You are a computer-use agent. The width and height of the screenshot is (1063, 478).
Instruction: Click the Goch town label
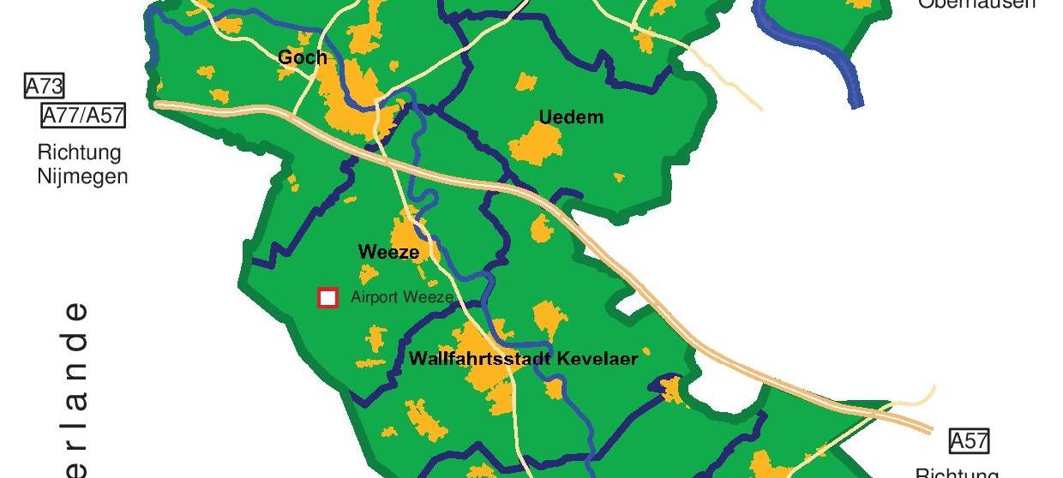point(303,58)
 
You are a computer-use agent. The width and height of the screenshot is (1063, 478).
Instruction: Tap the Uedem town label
point(571,117)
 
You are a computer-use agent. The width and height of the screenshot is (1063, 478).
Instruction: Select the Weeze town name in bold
point(388,252)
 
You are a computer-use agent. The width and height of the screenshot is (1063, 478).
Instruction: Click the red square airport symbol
point(327,297)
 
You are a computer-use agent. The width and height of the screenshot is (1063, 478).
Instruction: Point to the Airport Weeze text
point(401,298)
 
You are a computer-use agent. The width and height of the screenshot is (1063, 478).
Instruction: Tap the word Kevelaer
point(598,358)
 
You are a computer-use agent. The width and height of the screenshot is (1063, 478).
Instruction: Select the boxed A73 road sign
point(45,86)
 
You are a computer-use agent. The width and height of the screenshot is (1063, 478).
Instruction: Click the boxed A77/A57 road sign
point(83,116)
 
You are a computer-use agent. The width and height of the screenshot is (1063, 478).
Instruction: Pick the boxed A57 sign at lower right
point(969,441)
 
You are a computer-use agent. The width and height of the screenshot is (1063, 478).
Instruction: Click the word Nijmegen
point(82,177)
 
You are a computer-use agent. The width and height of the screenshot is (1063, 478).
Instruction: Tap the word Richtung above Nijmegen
point(79,153)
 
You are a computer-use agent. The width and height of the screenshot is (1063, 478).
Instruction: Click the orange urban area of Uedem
point(537,144)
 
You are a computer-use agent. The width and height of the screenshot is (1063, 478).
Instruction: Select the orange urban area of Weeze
point(407,235)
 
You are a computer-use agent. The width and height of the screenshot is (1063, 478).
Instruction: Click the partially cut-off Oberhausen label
point(976,4)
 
